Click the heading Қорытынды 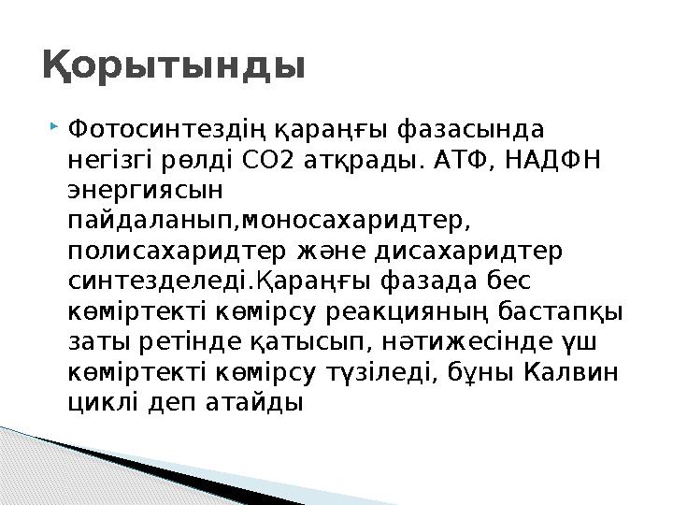(x=174, y=66)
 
